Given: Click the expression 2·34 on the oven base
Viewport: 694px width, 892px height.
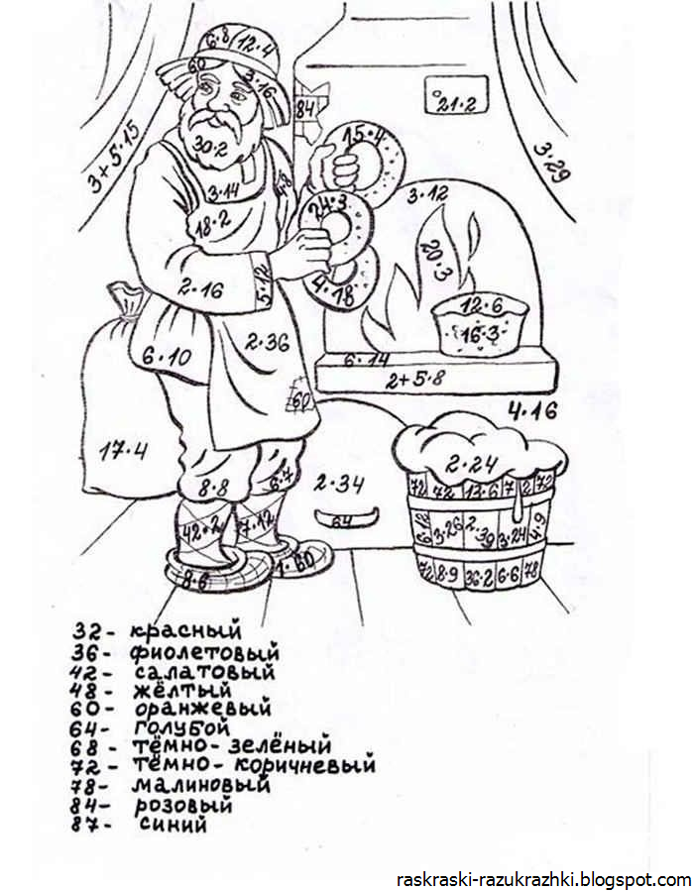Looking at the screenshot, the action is point(339,485).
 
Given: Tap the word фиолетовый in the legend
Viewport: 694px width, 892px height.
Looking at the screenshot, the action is point(204,652).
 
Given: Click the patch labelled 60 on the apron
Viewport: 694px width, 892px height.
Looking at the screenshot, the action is point(300,399).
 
